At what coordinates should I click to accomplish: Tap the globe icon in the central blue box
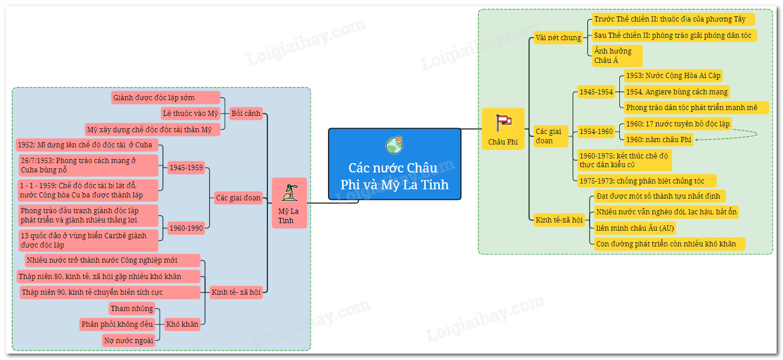point(394,144)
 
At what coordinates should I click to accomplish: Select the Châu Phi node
point(503,129)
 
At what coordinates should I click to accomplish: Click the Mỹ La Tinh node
point(290,203)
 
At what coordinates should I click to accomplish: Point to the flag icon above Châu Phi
point(503,121)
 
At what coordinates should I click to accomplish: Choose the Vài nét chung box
point(558,38)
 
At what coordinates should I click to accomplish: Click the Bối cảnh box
point(246,113)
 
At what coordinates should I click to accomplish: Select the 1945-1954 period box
point(595,91)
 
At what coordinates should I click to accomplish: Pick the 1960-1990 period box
point(186,228)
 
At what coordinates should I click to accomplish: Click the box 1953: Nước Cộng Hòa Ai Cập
point(673,76)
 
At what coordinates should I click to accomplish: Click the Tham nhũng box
point(132,308)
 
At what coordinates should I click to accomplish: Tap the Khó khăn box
point(182,324)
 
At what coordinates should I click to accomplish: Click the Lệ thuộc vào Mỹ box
point(191,113)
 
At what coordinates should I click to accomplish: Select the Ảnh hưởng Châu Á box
point(617,55)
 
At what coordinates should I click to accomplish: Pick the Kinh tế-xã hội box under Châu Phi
point(558,220)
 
